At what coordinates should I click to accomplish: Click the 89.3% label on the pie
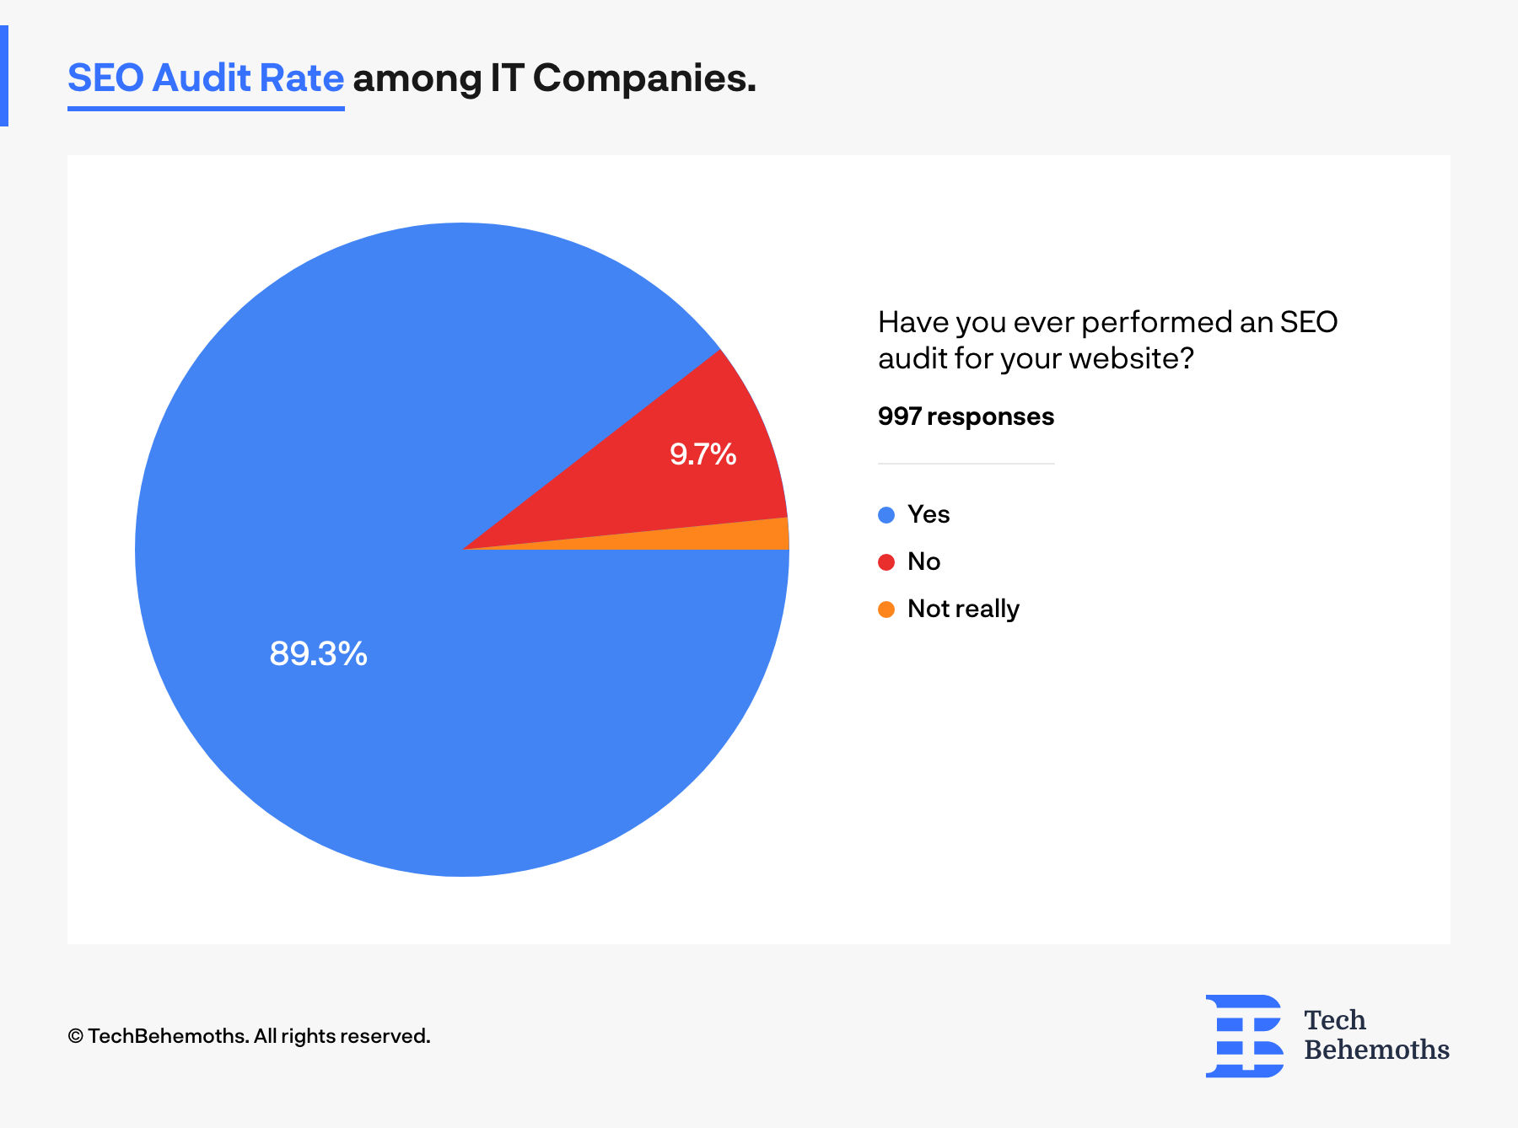coord(318,653)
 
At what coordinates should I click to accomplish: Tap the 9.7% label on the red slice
coord(702,454)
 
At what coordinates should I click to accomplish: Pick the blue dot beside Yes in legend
coord(885,515)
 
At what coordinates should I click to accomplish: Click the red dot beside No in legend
coord(885,562)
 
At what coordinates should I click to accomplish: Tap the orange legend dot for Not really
coord(885,610)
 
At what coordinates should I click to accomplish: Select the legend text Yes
coord(929,514)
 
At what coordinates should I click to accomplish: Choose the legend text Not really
coord(963,609)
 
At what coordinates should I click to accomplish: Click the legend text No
coord(923,561)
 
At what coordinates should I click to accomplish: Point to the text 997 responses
coord(966,416)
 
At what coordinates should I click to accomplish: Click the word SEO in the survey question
coord(1308,322)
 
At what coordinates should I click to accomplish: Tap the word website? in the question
coord(1132,359)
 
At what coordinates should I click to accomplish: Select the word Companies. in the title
coord(644,78)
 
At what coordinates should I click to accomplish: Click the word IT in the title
coord(507,78)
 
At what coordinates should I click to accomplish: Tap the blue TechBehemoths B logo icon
coord(1245,1036)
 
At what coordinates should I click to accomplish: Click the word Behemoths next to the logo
coord(1376,1050)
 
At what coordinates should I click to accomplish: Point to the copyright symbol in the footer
coord(76,1036)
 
